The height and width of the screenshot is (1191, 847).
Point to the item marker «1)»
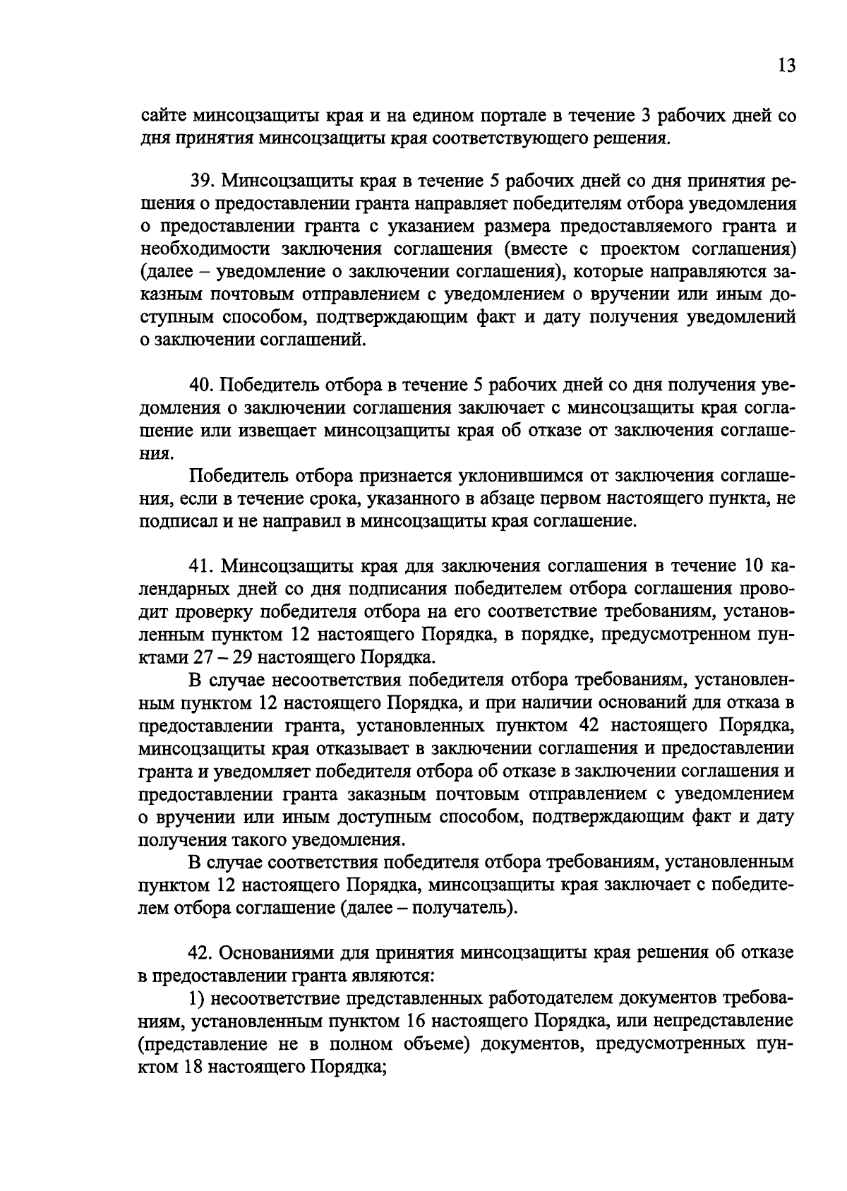coord(196,998)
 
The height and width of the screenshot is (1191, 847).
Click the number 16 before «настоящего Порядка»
coord(419,1020)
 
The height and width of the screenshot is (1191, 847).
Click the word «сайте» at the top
coord(160,114)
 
